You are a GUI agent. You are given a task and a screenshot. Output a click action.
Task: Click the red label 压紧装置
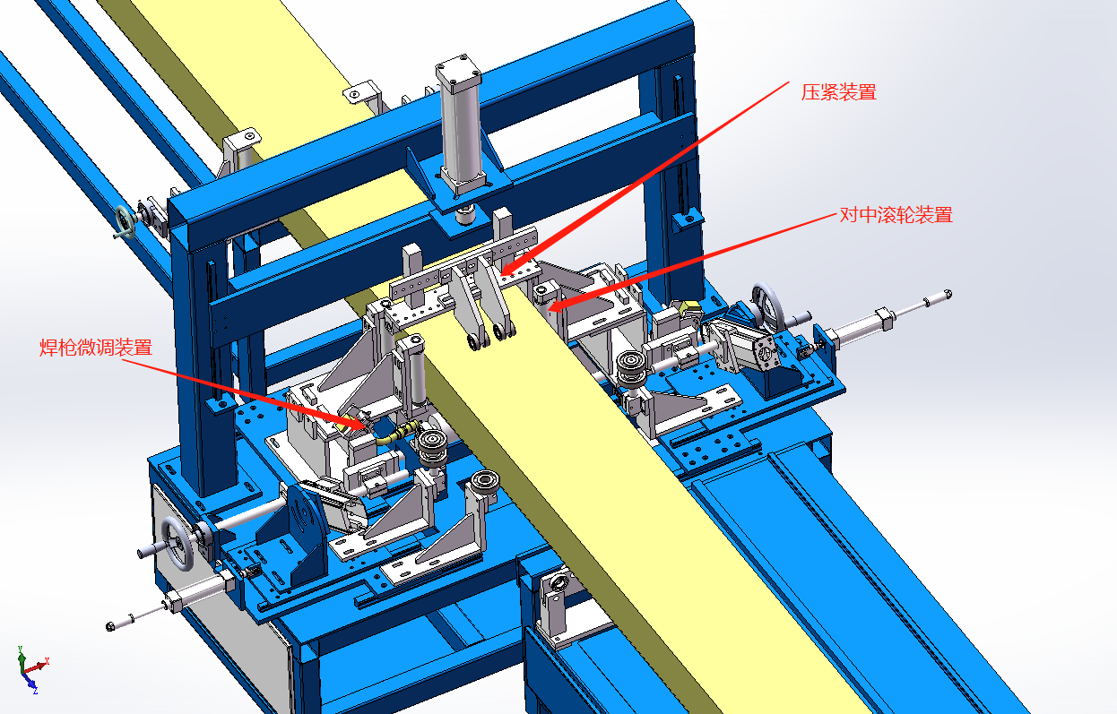(x=839, y=92)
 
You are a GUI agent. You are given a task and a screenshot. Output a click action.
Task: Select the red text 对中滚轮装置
(x=896, y=215)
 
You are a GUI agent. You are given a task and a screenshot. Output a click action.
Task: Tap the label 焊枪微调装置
(x=96, y=348)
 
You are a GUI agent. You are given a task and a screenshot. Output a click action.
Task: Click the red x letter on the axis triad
(x=47, y=661)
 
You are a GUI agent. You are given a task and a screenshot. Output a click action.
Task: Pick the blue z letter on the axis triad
(x=35, y=691)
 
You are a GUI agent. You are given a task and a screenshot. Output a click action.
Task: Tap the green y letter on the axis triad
(x=20, y=649)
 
